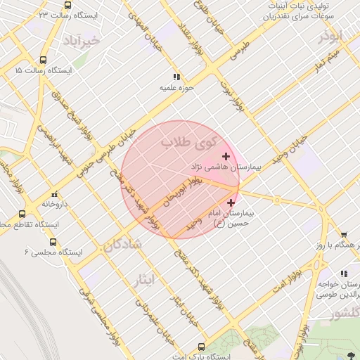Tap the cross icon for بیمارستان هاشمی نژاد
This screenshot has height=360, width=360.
click(226, 155)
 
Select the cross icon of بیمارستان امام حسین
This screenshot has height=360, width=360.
click(231, 202)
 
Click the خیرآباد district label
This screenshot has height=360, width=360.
click(82, 40)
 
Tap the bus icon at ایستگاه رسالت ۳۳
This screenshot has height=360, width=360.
click(67, 4)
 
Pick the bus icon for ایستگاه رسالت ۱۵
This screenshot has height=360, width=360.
click(44, 60)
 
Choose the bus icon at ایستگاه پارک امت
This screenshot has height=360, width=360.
click(202, 347)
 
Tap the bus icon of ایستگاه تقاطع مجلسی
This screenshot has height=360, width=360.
click(22, 214)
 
